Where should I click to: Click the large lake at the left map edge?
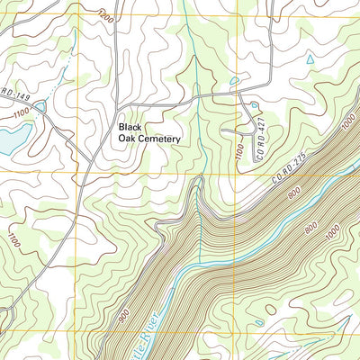pos(9,139)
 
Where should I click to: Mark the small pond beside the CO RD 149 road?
pos(40,106)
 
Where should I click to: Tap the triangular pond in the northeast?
pos(310,60)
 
